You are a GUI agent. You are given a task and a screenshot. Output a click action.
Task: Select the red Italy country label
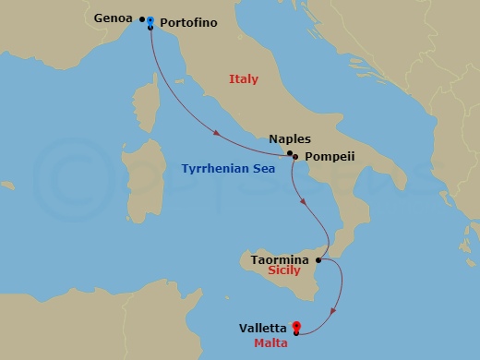pos(244,80)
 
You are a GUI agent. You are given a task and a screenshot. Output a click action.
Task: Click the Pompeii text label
pos(330,157)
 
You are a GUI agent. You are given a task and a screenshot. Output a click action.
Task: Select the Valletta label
pos(263,327)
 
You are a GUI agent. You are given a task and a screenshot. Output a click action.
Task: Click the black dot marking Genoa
pos(142,18)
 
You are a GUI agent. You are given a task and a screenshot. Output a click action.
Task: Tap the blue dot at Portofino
pos(150,19)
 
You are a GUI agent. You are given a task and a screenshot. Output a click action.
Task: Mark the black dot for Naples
pos(290,152)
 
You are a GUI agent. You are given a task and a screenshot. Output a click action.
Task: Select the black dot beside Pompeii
pos(294,158)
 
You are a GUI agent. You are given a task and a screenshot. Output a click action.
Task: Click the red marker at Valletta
pos(296,325)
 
